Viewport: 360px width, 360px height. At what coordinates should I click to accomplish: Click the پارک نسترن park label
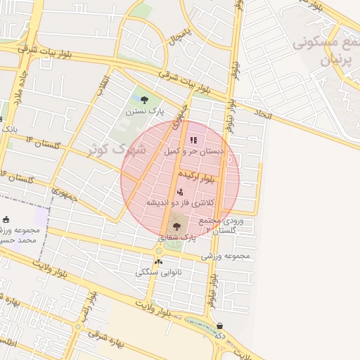point(144,111)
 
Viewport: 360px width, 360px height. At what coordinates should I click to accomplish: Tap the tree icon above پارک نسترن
point(145,100)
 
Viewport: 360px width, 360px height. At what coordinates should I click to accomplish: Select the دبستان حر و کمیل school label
point(194,151)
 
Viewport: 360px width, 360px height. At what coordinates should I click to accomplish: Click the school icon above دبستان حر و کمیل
point(194,140)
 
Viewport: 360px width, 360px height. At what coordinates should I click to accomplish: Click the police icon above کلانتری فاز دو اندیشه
point(180,191)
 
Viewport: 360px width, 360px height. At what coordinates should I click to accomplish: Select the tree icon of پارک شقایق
point(176,226)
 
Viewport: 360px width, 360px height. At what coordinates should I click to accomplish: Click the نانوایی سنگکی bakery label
point(158,272)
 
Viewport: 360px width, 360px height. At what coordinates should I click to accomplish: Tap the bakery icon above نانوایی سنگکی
point(158,262)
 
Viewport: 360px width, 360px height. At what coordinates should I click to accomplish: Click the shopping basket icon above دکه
point(221,326)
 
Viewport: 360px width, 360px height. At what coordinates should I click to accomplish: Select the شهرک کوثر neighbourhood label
point(116,150)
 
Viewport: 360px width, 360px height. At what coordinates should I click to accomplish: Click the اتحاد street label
point(262,113)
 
